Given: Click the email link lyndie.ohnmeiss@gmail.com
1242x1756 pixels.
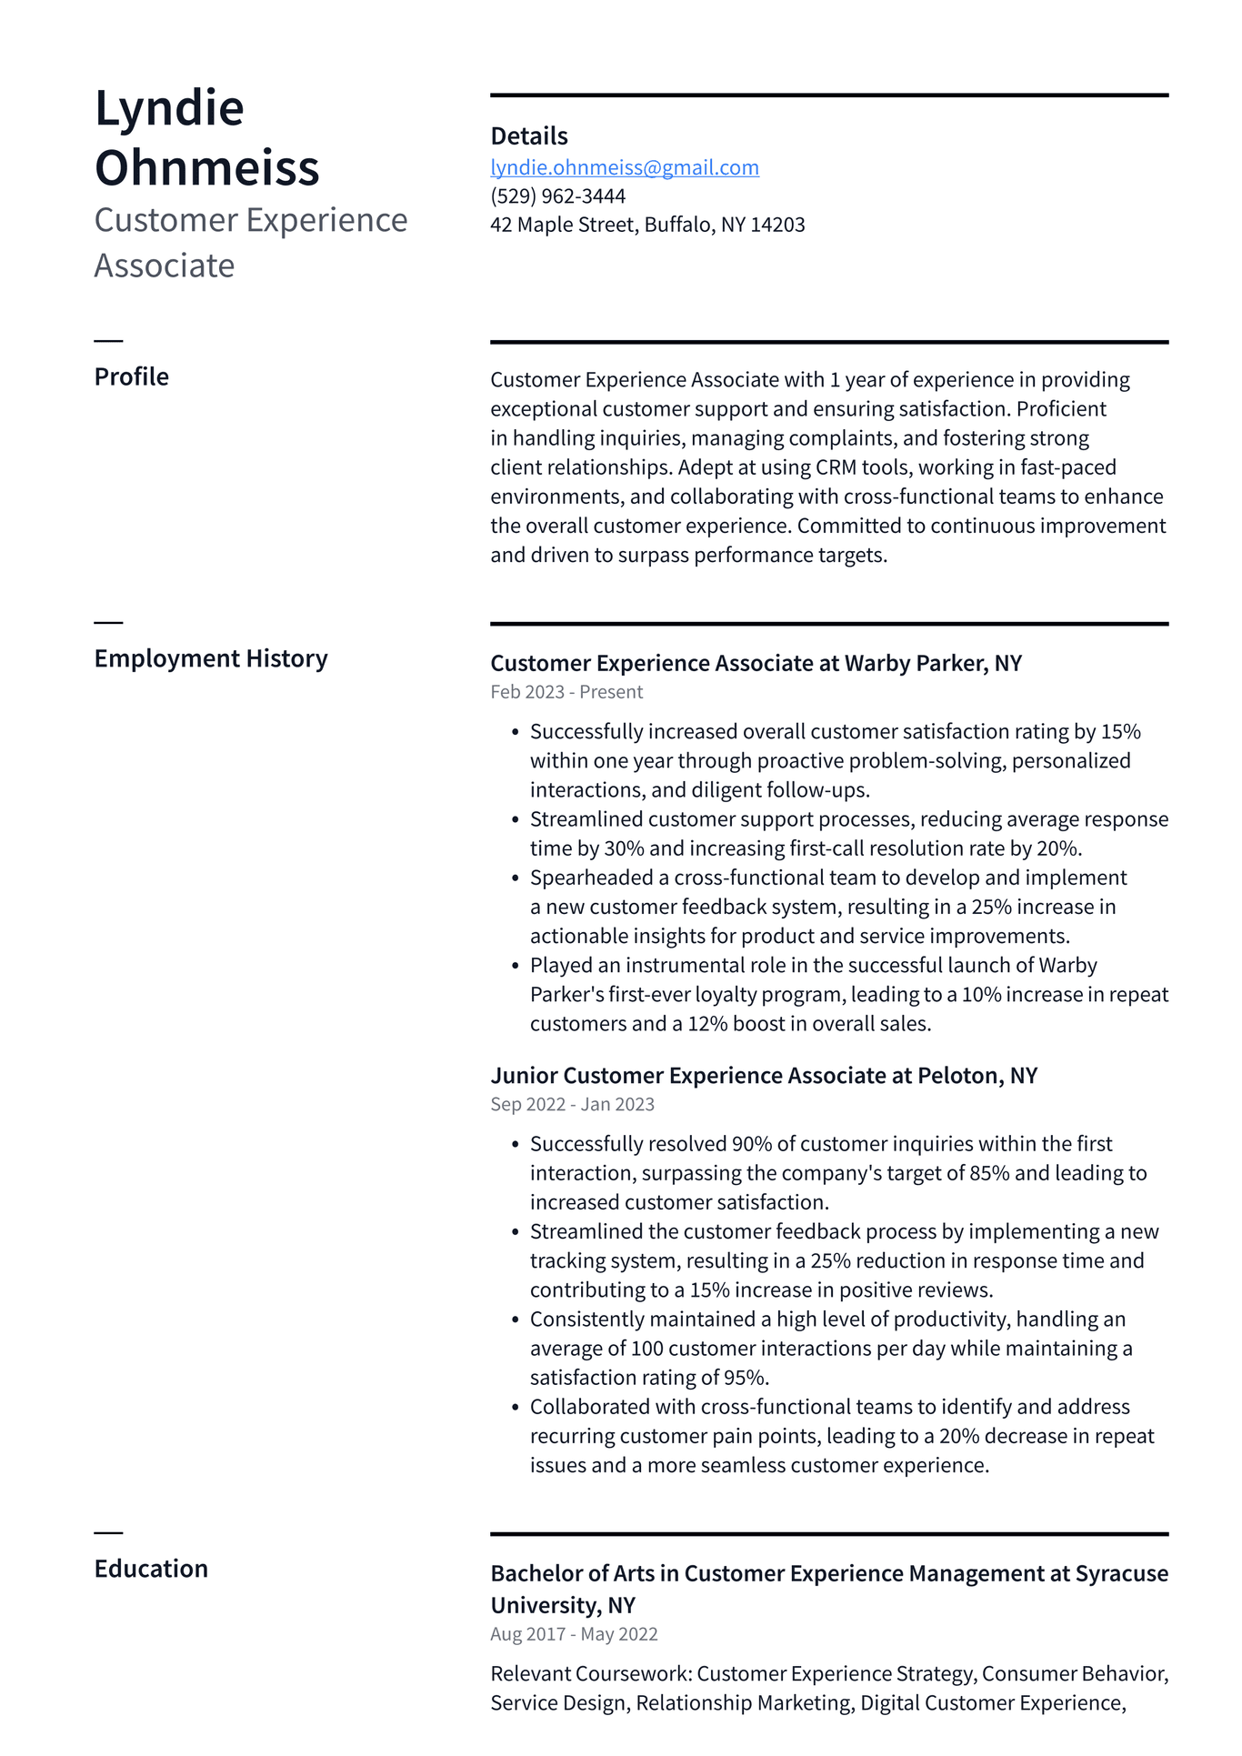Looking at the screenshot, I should [625, 167].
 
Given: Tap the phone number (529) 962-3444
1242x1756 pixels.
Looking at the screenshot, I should [557, 196].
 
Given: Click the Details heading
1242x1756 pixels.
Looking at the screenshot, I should [529, 136].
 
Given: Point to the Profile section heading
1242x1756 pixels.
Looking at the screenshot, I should [132, 376].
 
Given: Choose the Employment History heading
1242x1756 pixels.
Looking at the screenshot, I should [211, 658].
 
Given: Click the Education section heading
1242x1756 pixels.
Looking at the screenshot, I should [151, 1569].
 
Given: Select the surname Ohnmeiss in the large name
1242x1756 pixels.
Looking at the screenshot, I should [207, 167].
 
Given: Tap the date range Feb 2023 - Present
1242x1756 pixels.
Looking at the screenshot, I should [566, 692].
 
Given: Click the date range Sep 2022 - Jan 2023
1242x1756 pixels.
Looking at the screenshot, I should [572, 1104].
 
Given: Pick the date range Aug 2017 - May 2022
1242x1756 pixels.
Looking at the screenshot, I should [574, 1634].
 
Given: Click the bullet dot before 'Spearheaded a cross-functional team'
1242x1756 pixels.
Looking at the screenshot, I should [515, 878].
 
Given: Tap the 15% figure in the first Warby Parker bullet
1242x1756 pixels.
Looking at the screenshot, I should [1120, 732].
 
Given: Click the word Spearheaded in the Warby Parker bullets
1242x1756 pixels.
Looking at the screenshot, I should [599, 878].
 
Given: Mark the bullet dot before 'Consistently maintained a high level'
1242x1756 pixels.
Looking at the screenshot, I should [515, 1320].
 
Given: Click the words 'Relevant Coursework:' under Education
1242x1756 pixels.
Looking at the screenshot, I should [591, 1674].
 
